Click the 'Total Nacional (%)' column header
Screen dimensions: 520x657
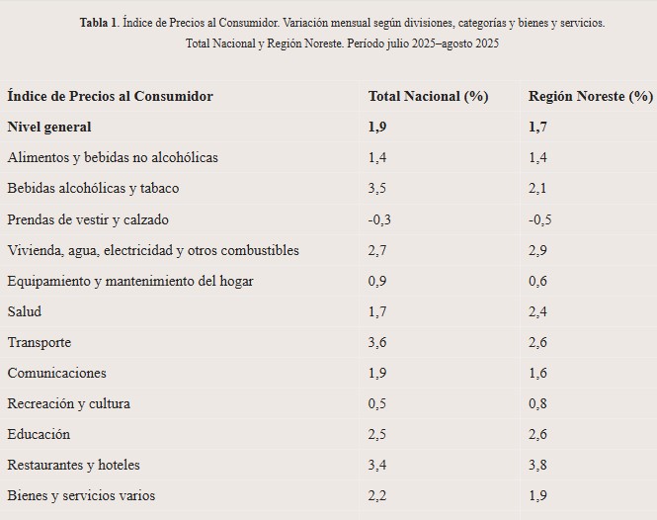(x=428, y=96)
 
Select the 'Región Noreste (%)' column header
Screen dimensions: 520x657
(x=590, y=96)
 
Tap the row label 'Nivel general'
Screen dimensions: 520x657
(x=48, y=127)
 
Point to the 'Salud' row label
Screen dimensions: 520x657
(x=25, y=311)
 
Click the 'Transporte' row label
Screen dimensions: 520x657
(x=39, y=342)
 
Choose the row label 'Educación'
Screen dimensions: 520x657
(x=39, y=434)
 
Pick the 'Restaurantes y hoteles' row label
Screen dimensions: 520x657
(x=73, y=465)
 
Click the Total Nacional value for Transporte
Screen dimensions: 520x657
(x=378, y=342)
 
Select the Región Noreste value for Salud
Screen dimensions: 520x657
(x=538, y=311)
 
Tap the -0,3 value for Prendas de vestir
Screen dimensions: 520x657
(x=379, y=219)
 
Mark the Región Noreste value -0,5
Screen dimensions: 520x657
(x=540, y=219)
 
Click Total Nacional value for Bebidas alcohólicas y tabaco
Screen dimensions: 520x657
(x=378, y=188)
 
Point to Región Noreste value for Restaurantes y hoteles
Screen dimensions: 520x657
(x=538, y=465)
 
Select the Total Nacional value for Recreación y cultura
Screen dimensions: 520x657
(x=378, y=403)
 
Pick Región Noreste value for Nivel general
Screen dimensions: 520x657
(x=538, y=127)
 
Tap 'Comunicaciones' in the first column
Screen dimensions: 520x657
(x=56, y=373)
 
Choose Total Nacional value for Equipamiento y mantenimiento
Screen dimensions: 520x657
(x=378, y=281)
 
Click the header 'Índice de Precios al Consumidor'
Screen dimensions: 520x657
(x=110, y=96)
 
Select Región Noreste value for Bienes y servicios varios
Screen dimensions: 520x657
(x=538, y=495)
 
